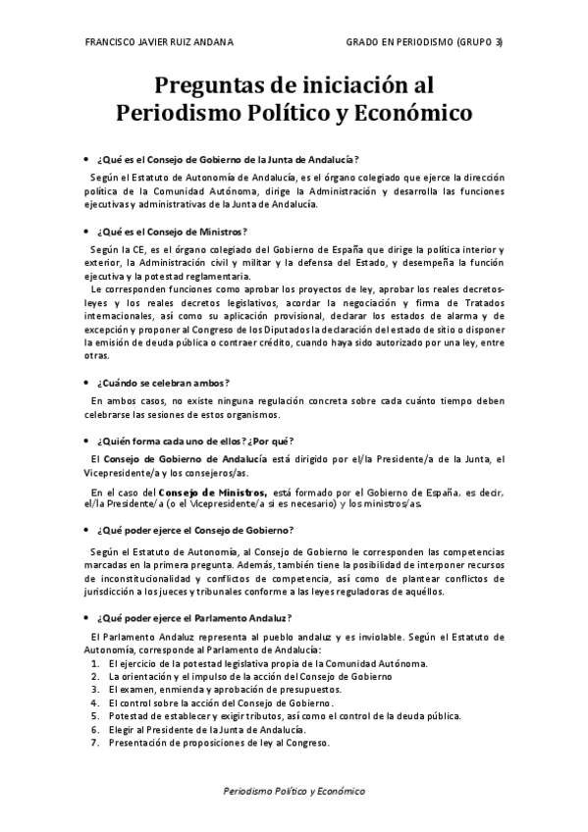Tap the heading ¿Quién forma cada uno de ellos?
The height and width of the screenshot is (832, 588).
click(x=195, y=441)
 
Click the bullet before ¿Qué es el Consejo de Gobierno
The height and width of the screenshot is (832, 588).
click(x=86, y=159)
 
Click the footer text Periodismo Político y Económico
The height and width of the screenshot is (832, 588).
click(x=294, y=791)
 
